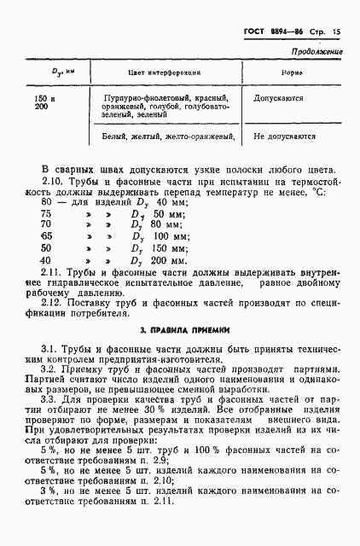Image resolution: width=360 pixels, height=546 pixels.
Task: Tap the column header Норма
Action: coord(291,74)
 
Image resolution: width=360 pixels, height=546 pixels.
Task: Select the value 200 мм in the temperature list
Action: coord(168,259)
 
